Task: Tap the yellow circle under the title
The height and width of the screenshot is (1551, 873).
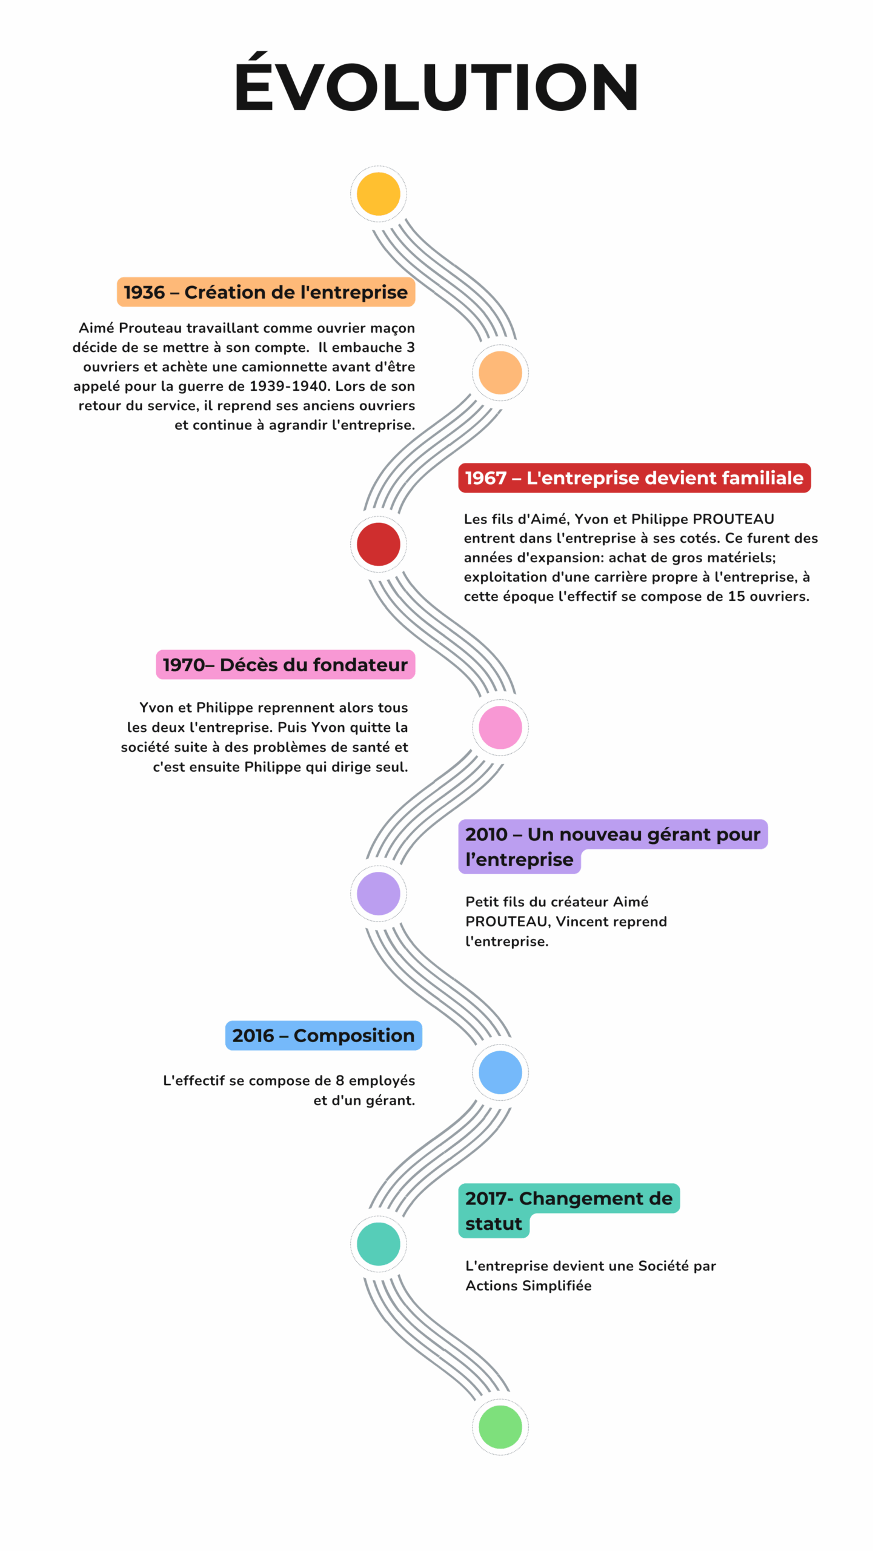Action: pyautogui.click(x=378, y=194)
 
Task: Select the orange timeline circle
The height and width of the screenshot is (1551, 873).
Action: pyautogui.click(x=500, y=373)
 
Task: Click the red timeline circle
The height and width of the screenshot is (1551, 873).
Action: pyautogui.click(x=378, y=544)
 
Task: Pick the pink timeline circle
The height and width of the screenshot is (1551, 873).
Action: pyautogui.click(x=500, y=727)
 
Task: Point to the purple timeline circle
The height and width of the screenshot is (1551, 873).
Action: pyautogui.click(x=378, y=893)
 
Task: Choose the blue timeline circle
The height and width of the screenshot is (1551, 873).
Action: pyautogui.click(x=500, y=1072)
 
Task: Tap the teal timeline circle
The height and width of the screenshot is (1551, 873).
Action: pyautogui.click(x=378, y=1244)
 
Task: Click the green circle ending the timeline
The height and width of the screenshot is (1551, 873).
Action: pyautogui.click(x=500, y=1427)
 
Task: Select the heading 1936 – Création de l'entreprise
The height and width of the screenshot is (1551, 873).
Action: pyautogui.click(x=265, y=292)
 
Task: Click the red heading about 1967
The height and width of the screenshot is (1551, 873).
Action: pyautogui.click(x=634, y=478)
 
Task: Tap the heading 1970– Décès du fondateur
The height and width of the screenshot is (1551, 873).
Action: pyautogui.click(x=285, y=665)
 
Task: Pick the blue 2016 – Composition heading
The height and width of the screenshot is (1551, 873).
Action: pyautogui.click(x=324, y=1035)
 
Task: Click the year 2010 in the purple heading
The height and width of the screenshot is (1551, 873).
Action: pyautogui.click(x=486, y=834)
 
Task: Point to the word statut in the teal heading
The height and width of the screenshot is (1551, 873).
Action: pyautogui.click(x=493, y=1224)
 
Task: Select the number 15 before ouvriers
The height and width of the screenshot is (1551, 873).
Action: pyautogui.click(x=737, y=596)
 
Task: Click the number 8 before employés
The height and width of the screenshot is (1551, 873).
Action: pyautogui.click(x=340, y=1081)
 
